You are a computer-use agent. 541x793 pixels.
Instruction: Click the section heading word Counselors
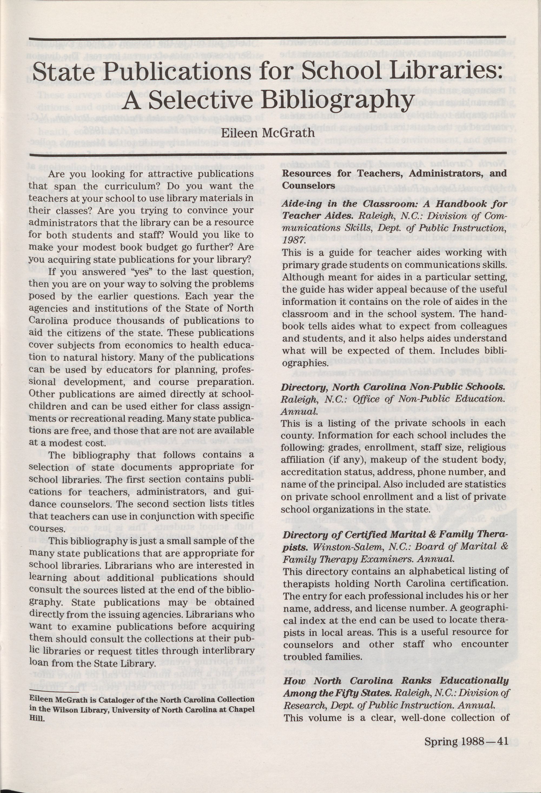tap(309, 186)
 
